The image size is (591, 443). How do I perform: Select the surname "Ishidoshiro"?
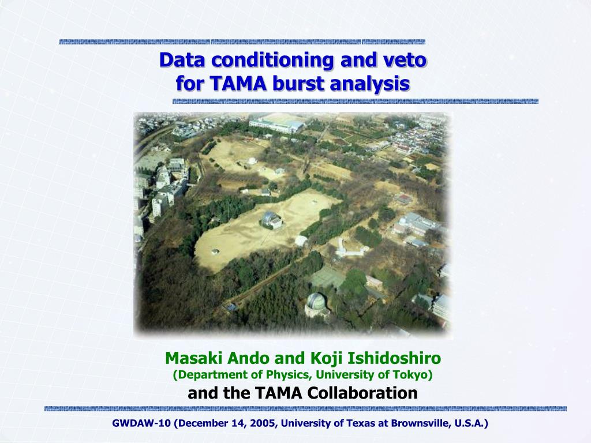coord(394,358)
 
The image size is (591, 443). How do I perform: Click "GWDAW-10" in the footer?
coord(141,423)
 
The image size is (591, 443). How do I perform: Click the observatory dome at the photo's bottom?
coord(316,303)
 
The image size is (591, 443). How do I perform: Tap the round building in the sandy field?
coord(271,219)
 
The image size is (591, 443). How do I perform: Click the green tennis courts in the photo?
coord(327,277)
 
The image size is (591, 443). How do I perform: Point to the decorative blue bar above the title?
coord(242,42)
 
